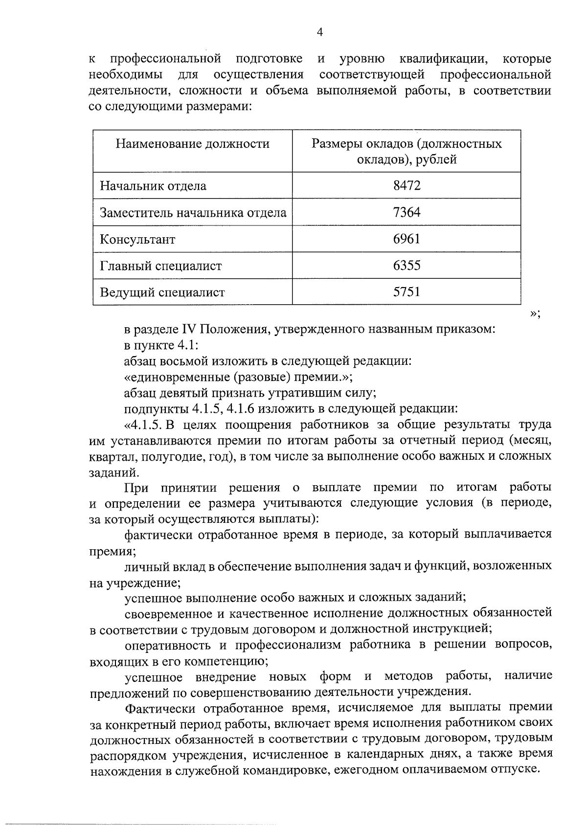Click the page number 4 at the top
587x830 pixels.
coord(320,33)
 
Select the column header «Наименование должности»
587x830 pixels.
coord(193,144)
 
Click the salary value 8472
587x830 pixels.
coord(406,185)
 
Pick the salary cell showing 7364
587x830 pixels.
coord(406,212)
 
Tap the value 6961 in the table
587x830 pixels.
coord(406,239)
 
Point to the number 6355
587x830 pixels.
coord(406,266)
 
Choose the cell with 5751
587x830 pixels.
coord(406,292)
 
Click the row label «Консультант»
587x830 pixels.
coord(137,240)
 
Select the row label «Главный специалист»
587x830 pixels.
coord(161,266)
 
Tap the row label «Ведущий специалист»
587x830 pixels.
coord(162,292)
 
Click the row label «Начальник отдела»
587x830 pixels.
coord(153,186)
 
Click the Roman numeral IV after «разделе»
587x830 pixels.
coord(189,329)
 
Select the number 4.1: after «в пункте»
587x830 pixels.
coord(187,345)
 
